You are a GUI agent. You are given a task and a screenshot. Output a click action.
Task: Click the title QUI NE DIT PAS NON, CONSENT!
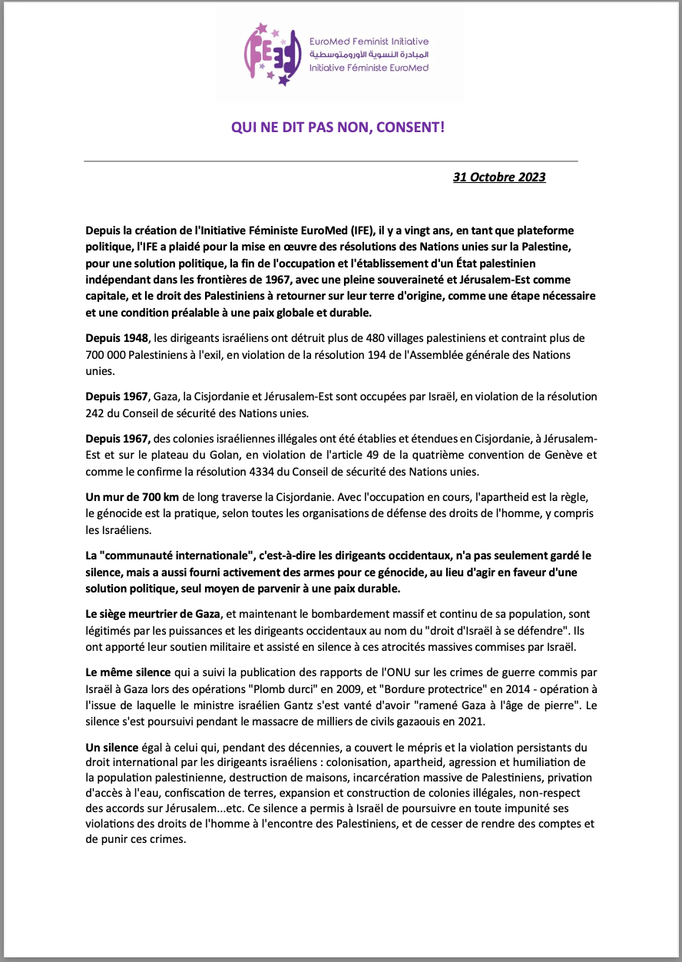tap(338, 126)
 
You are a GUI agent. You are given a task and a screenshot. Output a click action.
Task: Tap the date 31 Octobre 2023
tap(499, 177)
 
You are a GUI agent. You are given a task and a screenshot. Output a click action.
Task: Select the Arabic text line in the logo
tap(369, 55)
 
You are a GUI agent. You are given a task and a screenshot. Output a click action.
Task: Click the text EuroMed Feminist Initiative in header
tap(369, 41)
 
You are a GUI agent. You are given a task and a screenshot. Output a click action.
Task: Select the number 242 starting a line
tap(94, 413)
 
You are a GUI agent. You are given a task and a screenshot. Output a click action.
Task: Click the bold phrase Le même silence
tap(127, 670)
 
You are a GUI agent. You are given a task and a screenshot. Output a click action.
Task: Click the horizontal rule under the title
tap(330, 161)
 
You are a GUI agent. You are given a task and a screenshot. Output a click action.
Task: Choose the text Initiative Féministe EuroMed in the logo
tap(369, 68)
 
